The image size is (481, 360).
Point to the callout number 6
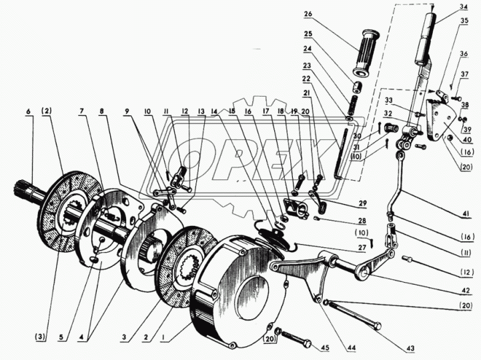(x=29, y=110)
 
